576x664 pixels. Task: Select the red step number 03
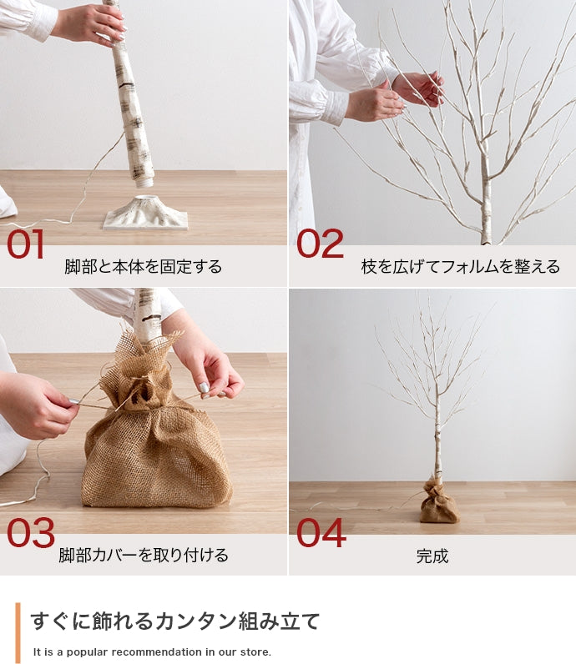tap(30, 533)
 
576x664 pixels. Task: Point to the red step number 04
tap(321, 533)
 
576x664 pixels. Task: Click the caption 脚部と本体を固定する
tap(144, 267)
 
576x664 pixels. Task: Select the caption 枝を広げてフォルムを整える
tap(460, 267)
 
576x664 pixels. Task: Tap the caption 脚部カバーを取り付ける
tap(144, 556)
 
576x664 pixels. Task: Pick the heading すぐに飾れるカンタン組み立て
tap(175, 621)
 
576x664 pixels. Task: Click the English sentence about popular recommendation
tap(153, 652)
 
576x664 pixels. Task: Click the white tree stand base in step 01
tap(146, 214)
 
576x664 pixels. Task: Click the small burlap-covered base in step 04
tap(438, 503)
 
